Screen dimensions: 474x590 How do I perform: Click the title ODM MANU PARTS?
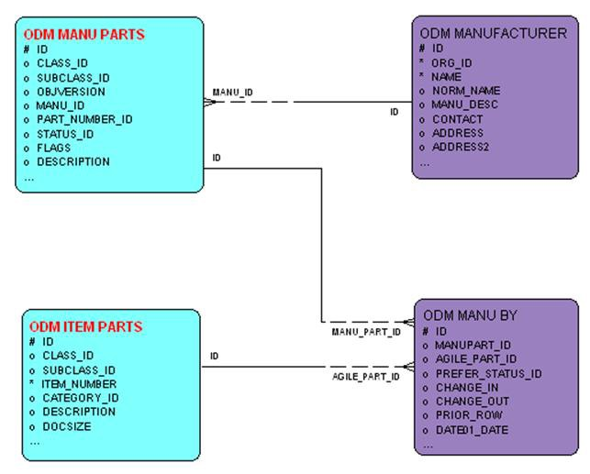(84, 35)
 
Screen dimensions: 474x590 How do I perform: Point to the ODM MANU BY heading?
(470, 315)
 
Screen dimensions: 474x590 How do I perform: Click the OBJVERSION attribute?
(71, 92)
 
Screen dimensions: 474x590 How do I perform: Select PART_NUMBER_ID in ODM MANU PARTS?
(84, 119)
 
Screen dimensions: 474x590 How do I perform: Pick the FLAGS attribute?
(53, 148)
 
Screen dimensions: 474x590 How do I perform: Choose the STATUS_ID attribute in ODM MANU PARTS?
(66, 134)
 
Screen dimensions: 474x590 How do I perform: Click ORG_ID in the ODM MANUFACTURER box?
(452, 62)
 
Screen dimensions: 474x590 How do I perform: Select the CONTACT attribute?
(457, 119)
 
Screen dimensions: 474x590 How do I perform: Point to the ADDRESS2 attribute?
(461, 147)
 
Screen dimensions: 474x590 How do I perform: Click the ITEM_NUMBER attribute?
(79, 383)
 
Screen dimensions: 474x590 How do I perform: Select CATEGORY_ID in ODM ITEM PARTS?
(80, 398)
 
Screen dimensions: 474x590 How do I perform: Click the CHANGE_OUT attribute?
(472, 402)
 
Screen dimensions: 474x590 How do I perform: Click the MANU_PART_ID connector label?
(366, 332)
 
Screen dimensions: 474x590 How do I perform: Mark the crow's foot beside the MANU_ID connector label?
(210, 101)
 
